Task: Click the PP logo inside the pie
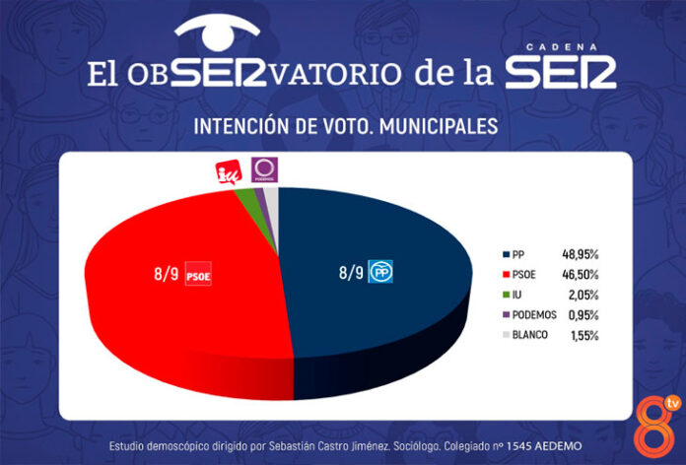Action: point(380,271)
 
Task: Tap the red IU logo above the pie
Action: point(227,171)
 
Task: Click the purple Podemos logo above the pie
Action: point(264,170)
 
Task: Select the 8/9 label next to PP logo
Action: point(350,271)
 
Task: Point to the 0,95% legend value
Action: point(582,314)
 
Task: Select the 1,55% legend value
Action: point(582,335)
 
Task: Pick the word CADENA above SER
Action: point(568,45)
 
